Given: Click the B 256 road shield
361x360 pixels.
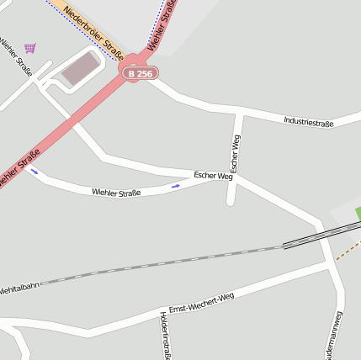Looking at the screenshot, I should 140,74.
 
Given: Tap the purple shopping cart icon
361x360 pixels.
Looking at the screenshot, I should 30,48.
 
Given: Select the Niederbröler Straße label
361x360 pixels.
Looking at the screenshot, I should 92,27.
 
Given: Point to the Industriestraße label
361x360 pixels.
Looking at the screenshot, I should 308,123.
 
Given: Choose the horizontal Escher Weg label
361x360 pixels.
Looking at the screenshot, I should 213,176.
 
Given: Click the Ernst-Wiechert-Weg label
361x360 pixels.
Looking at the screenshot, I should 201,303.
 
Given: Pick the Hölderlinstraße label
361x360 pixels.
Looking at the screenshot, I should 164,335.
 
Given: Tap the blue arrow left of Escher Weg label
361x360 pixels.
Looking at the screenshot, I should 176,185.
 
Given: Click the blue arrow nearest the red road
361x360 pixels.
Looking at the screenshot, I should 35,172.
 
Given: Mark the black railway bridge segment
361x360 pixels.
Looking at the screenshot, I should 321,236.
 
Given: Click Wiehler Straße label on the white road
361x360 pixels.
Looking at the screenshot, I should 116,193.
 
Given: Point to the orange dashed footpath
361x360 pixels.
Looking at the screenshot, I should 348,249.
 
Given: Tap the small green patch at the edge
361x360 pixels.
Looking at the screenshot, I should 358,213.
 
